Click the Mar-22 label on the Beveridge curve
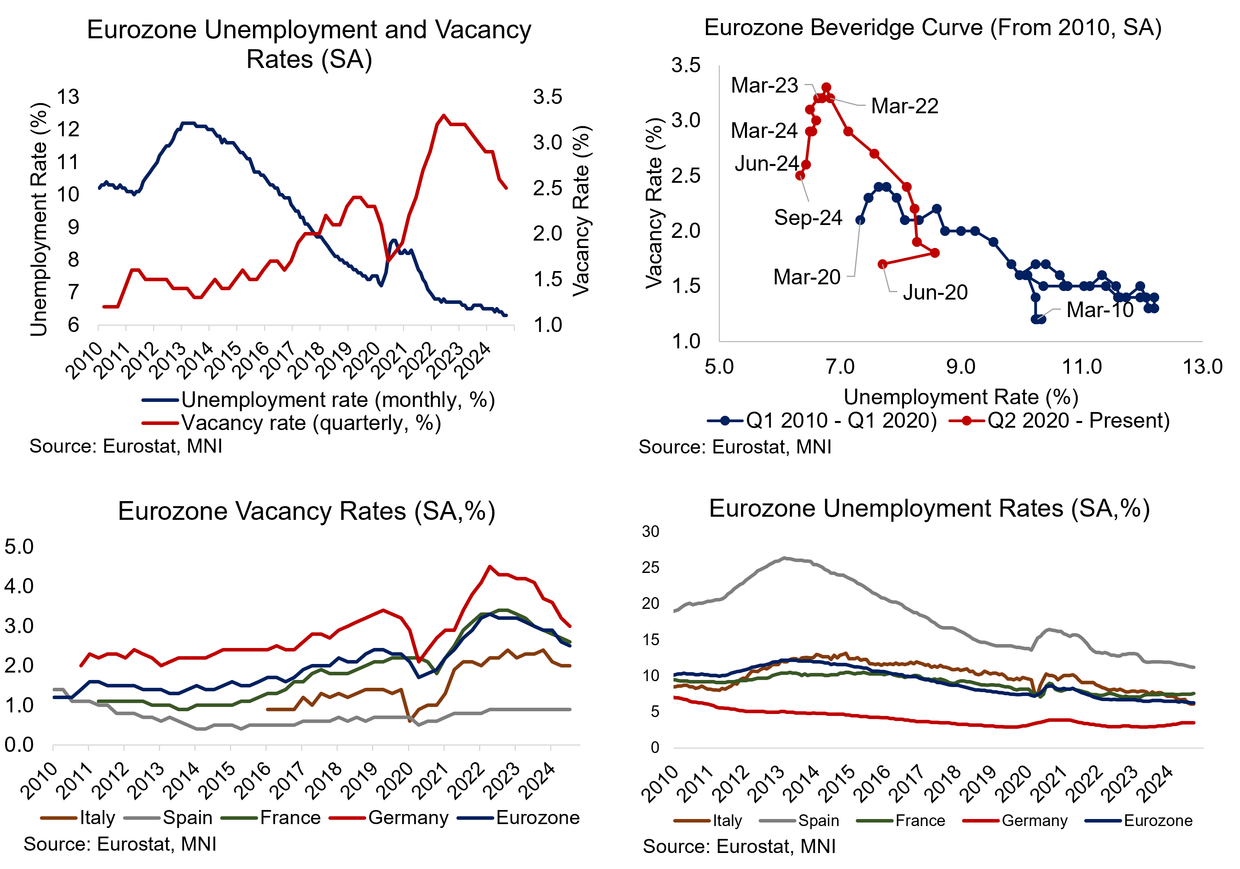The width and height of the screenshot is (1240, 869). point(905,106)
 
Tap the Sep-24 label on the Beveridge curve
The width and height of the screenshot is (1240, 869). point(808,218)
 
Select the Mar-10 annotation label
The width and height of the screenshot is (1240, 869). point(1099,310)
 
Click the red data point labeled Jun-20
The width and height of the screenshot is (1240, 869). point(882,264)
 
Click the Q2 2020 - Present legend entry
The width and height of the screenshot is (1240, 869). point(1078,420)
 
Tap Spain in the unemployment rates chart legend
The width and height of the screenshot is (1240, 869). point(818,821)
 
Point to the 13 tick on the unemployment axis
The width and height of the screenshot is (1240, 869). point(68,97)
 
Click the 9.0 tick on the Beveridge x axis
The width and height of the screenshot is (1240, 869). point(961,367)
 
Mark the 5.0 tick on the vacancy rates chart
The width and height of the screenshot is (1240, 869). point(19,546)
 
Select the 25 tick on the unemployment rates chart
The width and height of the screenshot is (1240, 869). point(651,567)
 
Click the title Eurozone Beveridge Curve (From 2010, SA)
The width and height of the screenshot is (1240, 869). point(933,28)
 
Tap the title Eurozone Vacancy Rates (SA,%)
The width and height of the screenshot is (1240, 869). point(306,511)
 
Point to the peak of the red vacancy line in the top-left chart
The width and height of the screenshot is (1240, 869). point(444,115)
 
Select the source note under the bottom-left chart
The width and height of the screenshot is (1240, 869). point(120,844)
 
